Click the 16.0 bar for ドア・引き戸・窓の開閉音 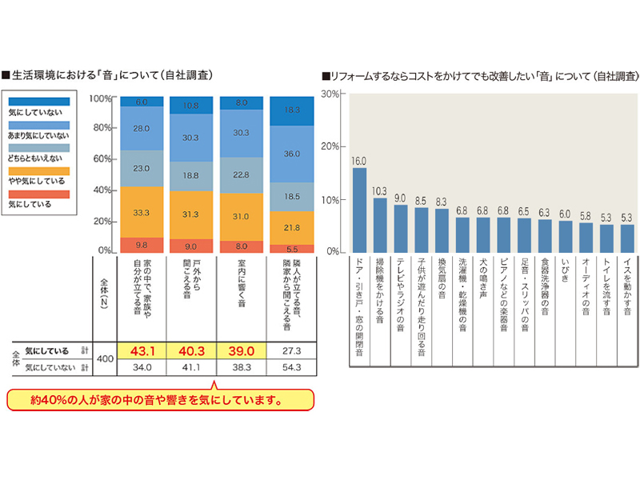pyautogui.click(x=359, y=210)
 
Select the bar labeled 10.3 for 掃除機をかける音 pyautogui.click(x=380, y=225)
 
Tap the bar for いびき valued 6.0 pyautogui.click(x=566, y=236)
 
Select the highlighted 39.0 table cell pyautogui.click(x=242, y=350)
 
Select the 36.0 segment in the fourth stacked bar pyautogui.click(x=292, y=154)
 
